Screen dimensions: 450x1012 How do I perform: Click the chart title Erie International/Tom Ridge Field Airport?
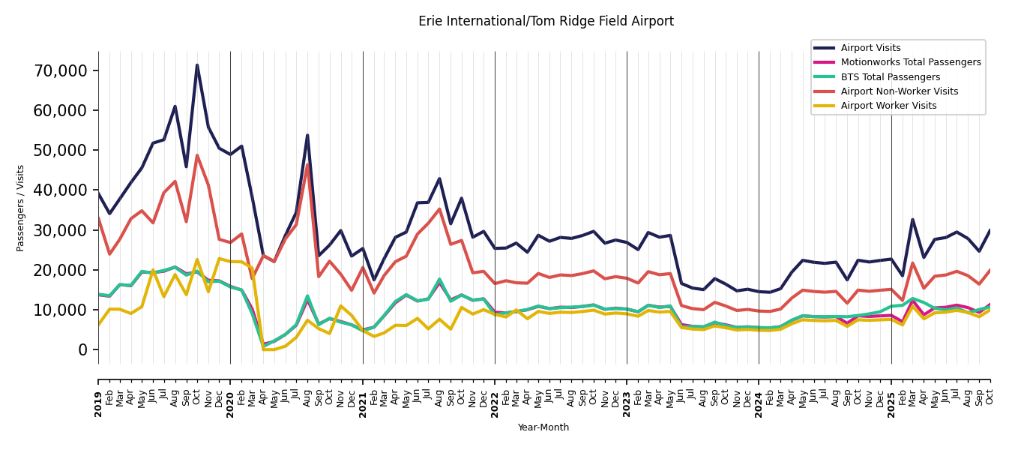click(x=546, y=22)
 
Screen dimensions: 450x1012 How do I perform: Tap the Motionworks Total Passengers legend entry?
click(x=910, y=62)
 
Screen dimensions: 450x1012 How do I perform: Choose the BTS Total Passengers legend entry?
click(x=890, y=77)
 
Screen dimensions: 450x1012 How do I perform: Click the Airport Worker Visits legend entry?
click(x=888, y=106)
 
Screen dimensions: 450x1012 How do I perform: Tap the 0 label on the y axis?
click(x=83, y=349)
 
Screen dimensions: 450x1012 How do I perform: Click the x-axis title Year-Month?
click(x=543, y=427)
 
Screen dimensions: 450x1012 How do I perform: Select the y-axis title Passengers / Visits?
click(x=20, y=208)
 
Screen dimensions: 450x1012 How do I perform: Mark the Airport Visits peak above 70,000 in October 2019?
click(x=197, y=65)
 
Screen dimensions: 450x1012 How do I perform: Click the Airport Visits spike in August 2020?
click(x=307, y=136)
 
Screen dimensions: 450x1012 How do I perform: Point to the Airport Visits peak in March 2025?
click(x=913, y=220)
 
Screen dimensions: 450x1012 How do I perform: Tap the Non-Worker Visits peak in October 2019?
click(x=197, y=156)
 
